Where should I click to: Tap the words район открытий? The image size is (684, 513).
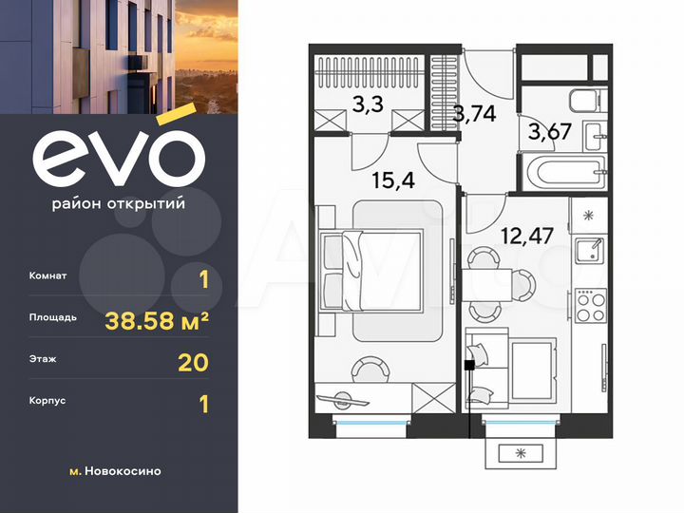tap(118, 202)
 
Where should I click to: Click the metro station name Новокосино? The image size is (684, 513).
tap(122, 471)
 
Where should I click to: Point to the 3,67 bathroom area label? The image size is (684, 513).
tap(550, 132)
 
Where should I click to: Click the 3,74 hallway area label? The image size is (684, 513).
tap(474, 115)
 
